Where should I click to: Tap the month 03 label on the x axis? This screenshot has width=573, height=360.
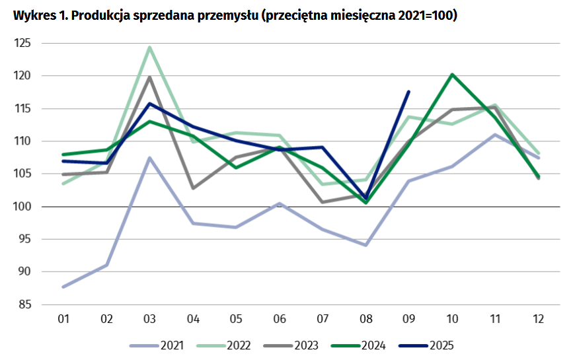click(150, 319)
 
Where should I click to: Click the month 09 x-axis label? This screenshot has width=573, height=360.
click(408, 319)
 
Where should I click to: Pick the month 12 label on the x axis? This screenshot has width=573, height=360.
click(538, 319)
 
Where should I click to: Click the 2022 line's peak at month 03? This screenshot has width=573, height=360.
click(150, 48)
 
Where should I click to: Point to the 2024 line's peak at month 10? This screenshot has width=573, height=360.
click(452, 75)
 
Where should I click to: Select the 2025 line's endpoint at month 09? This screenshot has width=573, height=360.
click(408, 92)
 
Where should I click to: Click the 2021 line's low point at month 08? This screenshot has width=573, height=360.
click(365, 245)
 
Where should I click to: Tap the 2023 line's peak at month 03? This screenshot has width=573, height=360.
click(150, 77)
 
